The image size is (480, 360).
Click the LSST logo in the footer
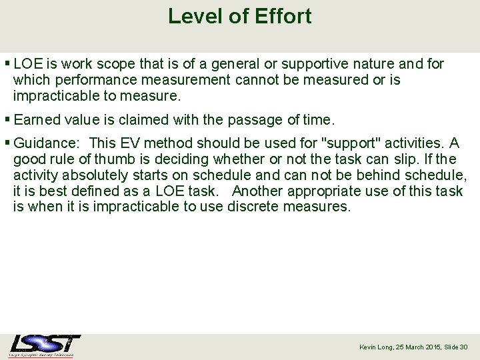(x=45, y=345)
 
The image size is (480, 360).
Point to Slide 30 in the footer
(x=456, y=347)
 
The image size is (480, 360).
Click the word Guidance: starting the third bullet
(x=47, y=143)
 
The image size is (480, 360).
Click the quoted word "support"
(x=351, y=143)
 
